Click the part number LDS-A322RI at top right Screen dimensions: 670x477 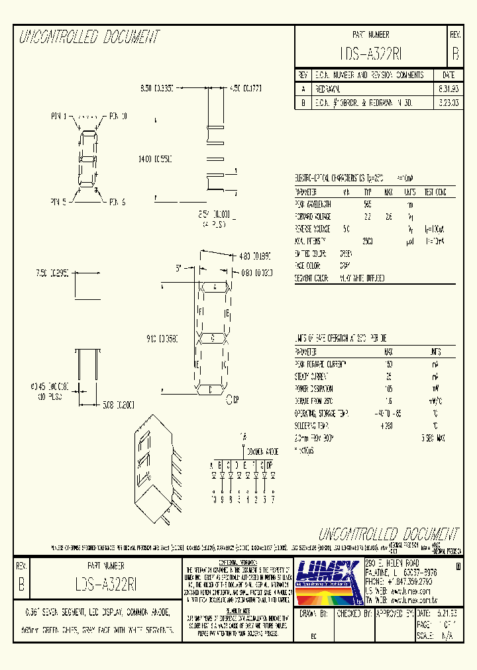tap(371, 54)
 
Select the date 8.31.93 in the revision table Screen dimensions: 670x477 tap(447, 88)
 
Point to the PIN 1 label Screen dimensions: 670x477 tap(60, 117)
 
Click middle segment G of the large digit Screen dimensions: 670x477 tap(213, 338)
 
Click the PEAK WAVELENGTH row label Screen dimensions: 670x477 tap(314, 205)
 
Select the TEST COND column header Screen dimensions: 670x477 tap(436, 193)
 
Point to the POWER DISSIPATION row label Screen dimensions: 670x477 tap(315, 389)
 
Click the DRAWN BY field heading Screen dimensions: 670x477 tap(314, 614)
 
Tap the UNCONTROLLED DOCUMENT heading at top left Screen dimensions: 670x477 tap(89, 37)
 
